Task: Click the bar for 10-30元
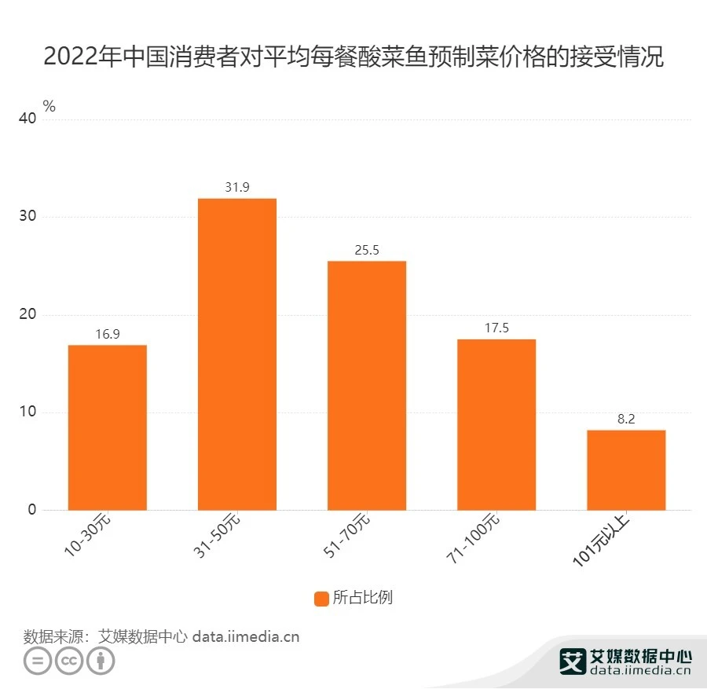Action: (108, 427)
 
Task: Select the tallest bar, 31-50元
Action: (237, 354)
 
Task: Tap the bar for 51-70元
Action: (367, 386)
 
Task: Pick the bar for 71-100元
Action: (496, 424)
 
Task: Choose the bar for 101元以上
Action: (626, 470)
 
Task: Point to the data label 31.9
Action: (237, 187)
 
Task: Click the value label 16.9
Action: (108, 334)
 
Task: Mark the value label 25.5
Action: (367, 250)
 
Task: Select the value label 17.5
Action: (496, 328)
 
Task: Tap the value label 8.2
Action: (626, 419)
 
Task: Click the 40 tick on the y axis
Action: (28, 119)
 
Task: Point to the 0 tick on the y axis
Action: (32, 510)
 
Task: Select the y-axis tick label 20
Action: (28, 314)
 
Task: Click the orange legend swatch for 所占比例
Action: (321, 599)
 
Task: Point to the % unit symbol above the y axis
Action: (49, 107)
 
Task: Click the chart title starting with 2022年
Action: (353, 57)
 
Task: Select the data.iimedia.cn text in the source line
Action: (246, 636)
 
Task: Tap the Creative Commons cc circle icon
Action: (69, 661)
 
